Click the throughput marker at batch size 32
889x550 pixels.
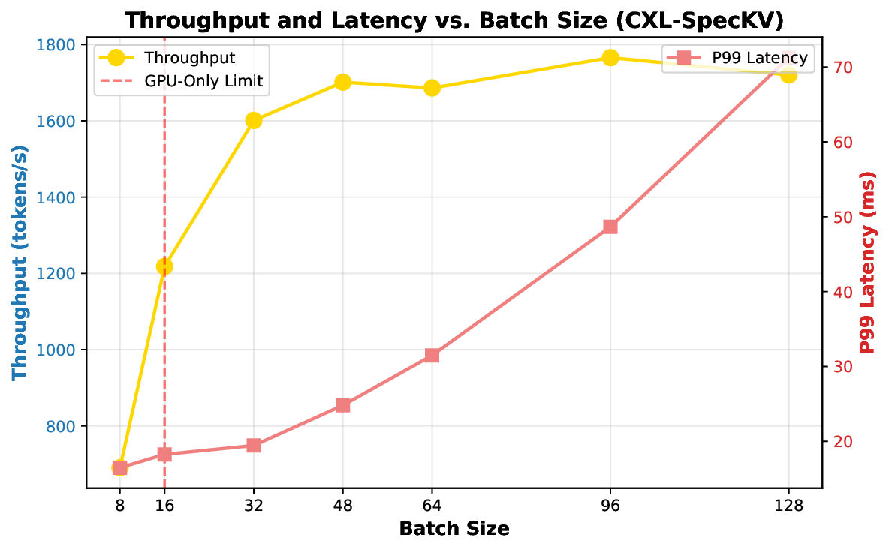click(x=254, y=120)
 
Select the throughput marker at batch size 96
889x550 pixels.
click(x=610, y=58)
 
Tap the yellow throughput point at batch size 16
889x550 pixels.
click(x=164, y=266)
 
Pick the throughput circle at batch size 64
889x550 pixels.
click(x=432, y=88)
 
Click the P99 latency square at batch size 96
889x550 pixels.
click(x=610, y=227)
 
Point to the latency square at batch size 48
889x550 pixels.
click(x=343, y=405)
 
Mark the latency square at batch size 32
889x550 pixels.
click(x=254, y=446)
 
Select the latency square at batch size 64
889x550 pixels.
click(x=432, y=356)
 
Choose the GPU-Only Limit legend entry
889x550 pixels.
click(x=203, y=81)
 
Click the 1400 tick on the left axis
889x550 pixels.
click(x=60, y=197)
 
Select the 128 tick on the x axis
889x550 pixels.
click(x=788, y=506)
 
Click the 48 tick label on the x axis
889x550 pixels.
click(x=343, y=506)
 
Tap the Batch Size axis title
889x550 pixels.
click(x=454, y=529)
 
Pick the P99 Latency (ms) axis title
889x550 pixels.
click(x=869, y=263)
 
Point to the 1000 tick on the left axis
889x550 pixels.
click(x=60, y=350)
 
